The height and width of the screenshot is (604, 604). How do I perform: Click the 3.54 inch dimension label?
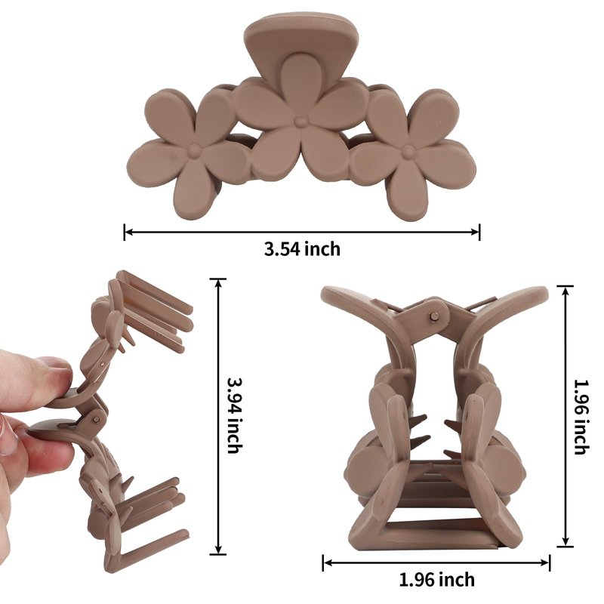[303, 249]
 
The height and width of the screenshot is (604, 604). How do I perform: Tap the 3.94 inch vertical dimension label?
[235, 414]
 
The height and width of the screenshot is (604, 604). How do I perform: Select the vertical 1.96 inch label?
[581, 417]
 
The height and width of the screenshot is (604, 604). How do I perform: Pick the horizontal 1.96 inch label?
[437, 579]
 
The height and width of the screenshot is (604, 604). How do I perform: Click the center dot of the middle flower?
[299, 122]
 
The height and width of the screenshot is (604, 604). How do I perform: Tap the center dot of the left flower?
[195, 150]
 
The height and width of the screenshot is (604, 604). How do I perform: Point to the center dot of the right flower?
[408, 153]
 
